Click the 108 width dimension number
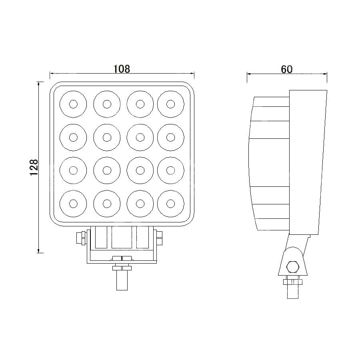pyautogui.click(x=122, y=69)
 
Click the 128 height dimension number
pyautogui.click(x=34, y=167)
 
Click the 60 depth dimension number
pyautogui.click(x=287, y=69)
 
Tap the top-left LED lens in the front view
pyautogui.click(x=73, y=104)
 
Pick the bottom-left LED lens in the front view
pyautogui.click(x=73, y=204)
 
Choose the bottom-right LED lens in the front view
pyautogui.click(x=170, y=204)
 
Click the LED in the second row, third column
pyautogui.click(x=140, y=137)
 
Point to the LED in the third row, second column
pyautogui.click(x=107, y=170)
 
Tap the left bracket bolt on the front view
pyautogui.click(x=81, y=238)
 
